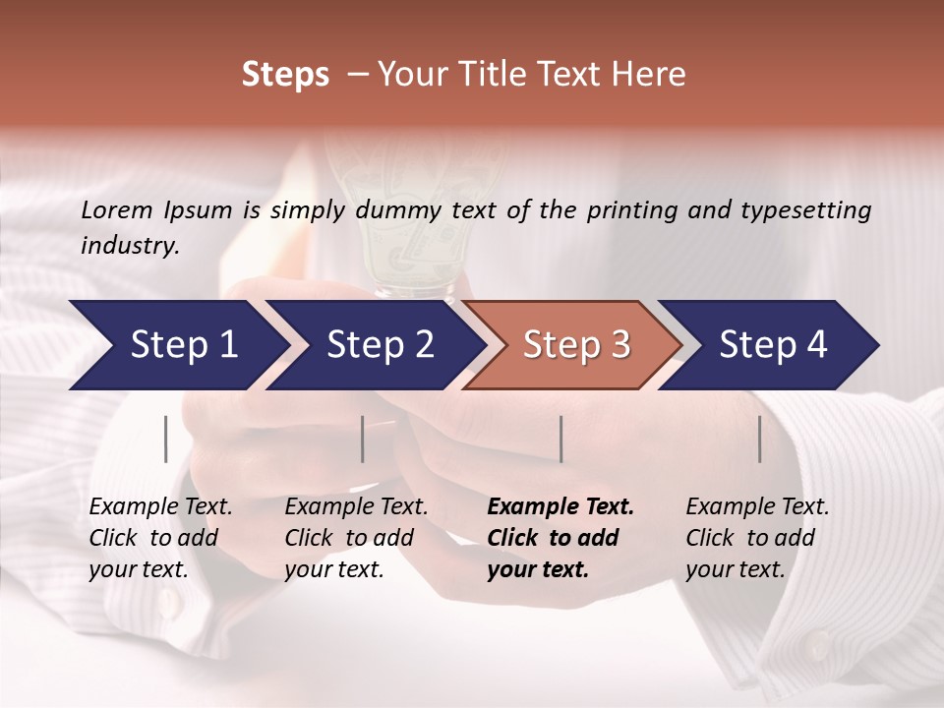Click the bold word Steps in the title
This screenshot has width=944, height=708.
(285, 75)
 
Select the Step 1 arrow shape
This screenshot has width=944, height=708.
(177, 345)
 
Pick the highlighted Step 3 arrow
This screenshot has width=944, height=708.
(574, 345)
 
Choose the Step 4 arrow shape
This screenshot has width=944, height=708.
(771, 345)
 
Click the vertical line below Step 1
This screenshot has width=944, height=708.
(166, 439)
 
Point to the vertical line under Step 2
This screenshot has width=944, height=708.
(363, 439)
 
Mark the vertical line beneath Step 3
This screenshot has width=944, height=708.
(560, 439)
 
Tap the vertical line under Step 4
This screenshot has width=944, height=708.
(759, 439)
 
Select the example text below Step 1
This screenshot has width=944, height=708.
(159, 538)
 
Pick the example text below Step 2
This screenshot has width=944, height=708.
(355, 538)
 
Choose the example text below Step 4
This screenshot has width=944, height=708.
(756, 538)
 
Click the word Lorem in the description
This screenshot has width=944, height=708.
(116, 209)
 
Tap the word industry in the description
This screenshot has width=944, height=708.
(130, 246)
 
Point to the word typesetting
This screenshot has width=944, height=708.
(807, 209)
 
